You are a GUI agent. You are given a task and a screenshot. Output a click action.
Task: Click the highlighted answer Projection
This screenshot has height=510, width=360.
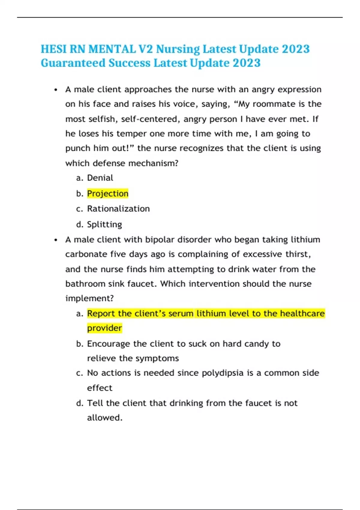pos(108,193)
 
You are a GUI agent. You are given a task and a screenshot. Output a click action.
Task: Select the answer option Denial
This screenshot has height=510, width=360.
pos(100,178)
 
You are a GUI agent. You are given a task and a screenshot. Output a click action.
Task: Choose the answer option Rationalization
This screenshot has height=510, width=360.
pos(118,209)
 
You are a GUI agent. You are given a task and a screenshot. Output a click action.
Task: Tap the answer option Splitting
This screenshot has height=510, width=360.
pos(104,224)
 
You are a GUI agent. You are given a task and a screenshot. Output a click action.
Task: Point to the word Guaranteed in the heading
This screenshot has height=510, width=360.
pos(73,63)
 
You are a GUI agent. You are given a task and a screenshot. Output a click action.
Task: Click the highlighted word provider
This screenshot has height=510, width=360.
pos(104,328)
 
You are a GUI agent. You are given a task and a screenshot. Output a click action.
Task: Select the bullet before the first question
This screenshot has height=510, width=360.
pos(56,90)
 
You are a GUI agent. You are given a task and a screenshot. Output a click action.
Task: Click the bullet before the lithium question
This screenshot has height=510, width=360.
pos(56,240)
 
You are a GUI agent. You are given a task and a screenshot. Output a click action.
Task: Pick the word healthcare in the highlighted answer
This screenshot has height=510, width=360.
pos(302,313)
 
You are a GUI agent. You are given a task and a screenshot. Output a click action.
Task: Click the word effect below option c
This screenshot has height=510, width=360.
pos(100,388)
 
